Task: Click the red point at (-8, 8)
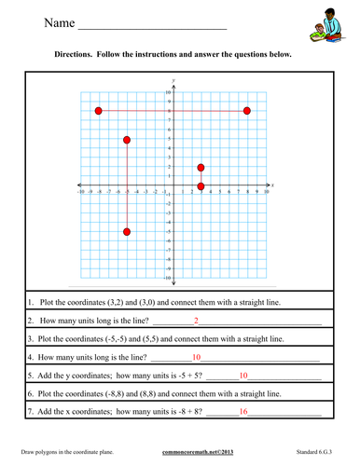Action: pyautogui.click(x=99, y=111)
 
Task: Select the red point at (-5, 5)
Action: pyautogui.click(x=127, y=140)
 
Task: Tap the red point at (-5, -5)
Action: pyautogui.click(x=127, y=232)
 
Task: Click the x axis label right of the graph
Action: pyautogui.click(x=272, y=185)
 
